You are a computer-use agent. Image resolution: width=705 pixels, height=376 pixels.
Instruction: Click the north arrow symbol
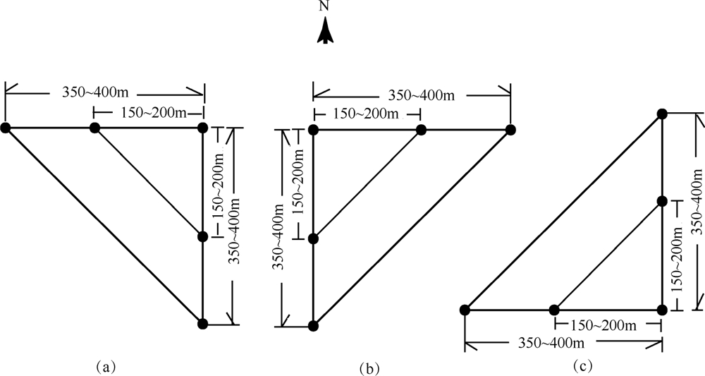[325, 32]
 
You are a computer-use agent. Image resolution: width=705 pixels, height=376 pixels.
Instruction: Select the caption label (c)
[582, 365]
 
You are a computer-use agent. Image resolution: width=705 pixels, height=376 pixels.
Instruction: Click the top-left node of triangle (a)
[5, 128]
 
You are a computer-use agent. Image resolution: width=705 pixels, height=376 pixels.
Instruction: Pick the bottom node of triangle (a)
[203, 324]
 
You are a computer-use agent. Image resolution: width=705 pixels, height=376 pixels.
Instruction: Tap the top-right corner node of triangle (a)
[203, 128]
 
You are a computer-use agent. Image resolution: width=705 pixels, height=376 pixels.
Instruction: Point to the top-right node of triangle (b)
[510, 129]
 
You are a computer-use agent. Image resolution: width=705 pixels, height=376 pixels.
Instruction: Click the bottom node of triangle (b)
[314, 325]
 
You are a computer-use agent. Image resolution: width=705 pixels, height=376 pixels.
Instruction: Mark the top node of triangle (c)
[662, 114]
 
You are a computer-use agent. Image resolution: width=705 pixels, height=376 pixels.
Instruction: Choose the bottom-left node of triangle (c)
[465, 309]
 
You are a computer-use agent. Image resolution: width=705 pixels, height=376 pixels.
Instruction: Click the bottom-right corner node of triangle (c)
[662, 309]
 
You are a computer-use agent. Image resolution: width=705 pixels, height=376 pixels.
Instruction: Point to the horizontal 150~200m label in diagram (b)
[366, 113]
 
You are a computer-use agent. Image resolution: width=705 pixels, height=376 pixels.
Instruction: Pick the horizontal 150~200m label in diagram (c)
[600, 325]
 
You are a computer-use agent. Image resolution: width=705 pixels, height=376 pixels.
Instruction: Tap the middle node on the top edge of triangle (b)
[421, 129]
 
